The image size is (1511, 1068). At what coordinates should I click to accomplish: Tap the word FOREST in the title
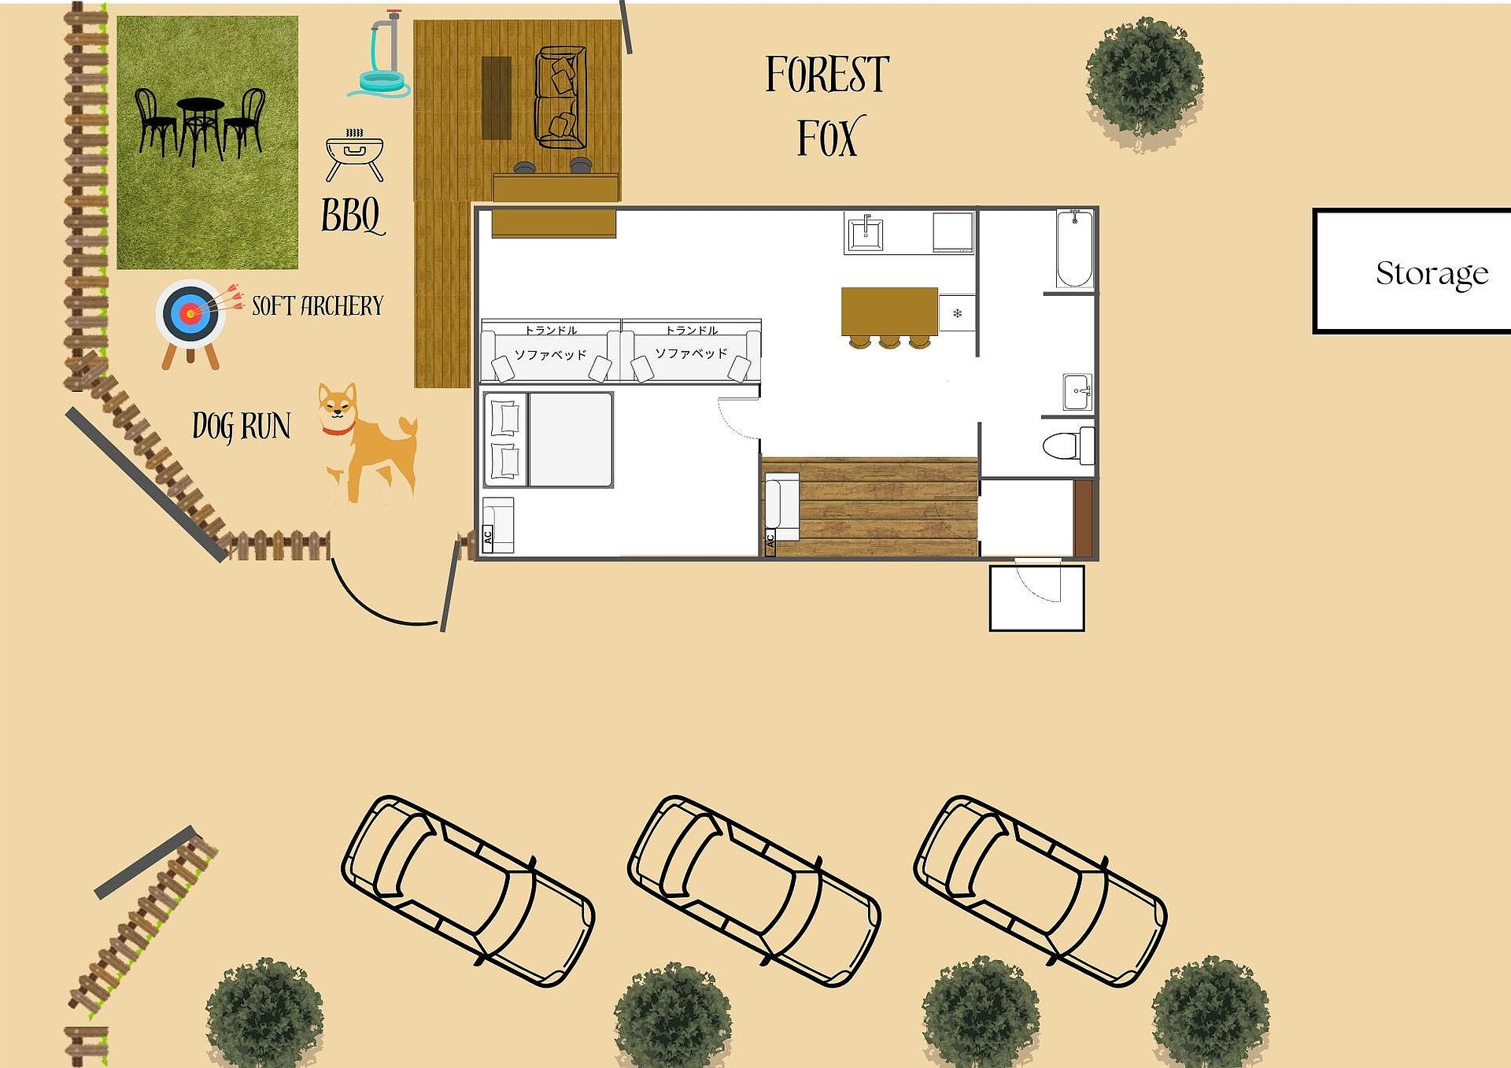[x=827, y=75]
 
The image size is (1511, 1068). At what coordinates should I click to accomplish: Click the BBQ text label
[x=352, y=215]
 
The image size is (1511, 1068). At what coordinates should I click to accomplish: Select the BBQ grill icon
[x=354, y=155]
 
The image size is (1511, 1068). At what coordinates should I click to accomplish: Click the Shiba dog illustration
[x=368, y=443]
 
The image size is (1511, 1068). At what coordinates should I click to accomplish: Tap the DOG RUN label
[x=242, y=426]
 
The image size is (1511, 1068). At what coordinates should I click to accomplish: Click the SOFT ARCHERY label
[x=317, y=305]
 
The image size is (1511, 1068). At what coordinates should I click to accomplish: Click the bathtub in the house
[x=1074, y=249]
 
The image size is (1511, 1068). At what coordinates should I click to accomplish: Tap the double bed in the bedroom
[x=548, y=440]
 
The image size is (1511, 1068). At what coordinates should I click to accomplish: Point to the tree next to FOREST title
[x=1144, y=80]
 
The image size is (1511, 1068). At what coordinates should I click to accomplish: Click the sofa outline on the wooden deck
[x=561, y=98]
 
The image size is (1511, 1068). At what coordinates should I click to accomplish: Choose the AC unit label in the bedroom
[x=488, y=538]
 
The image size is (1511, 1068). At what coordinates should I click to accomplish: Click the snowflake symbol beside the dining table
[x=958, y=313]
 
